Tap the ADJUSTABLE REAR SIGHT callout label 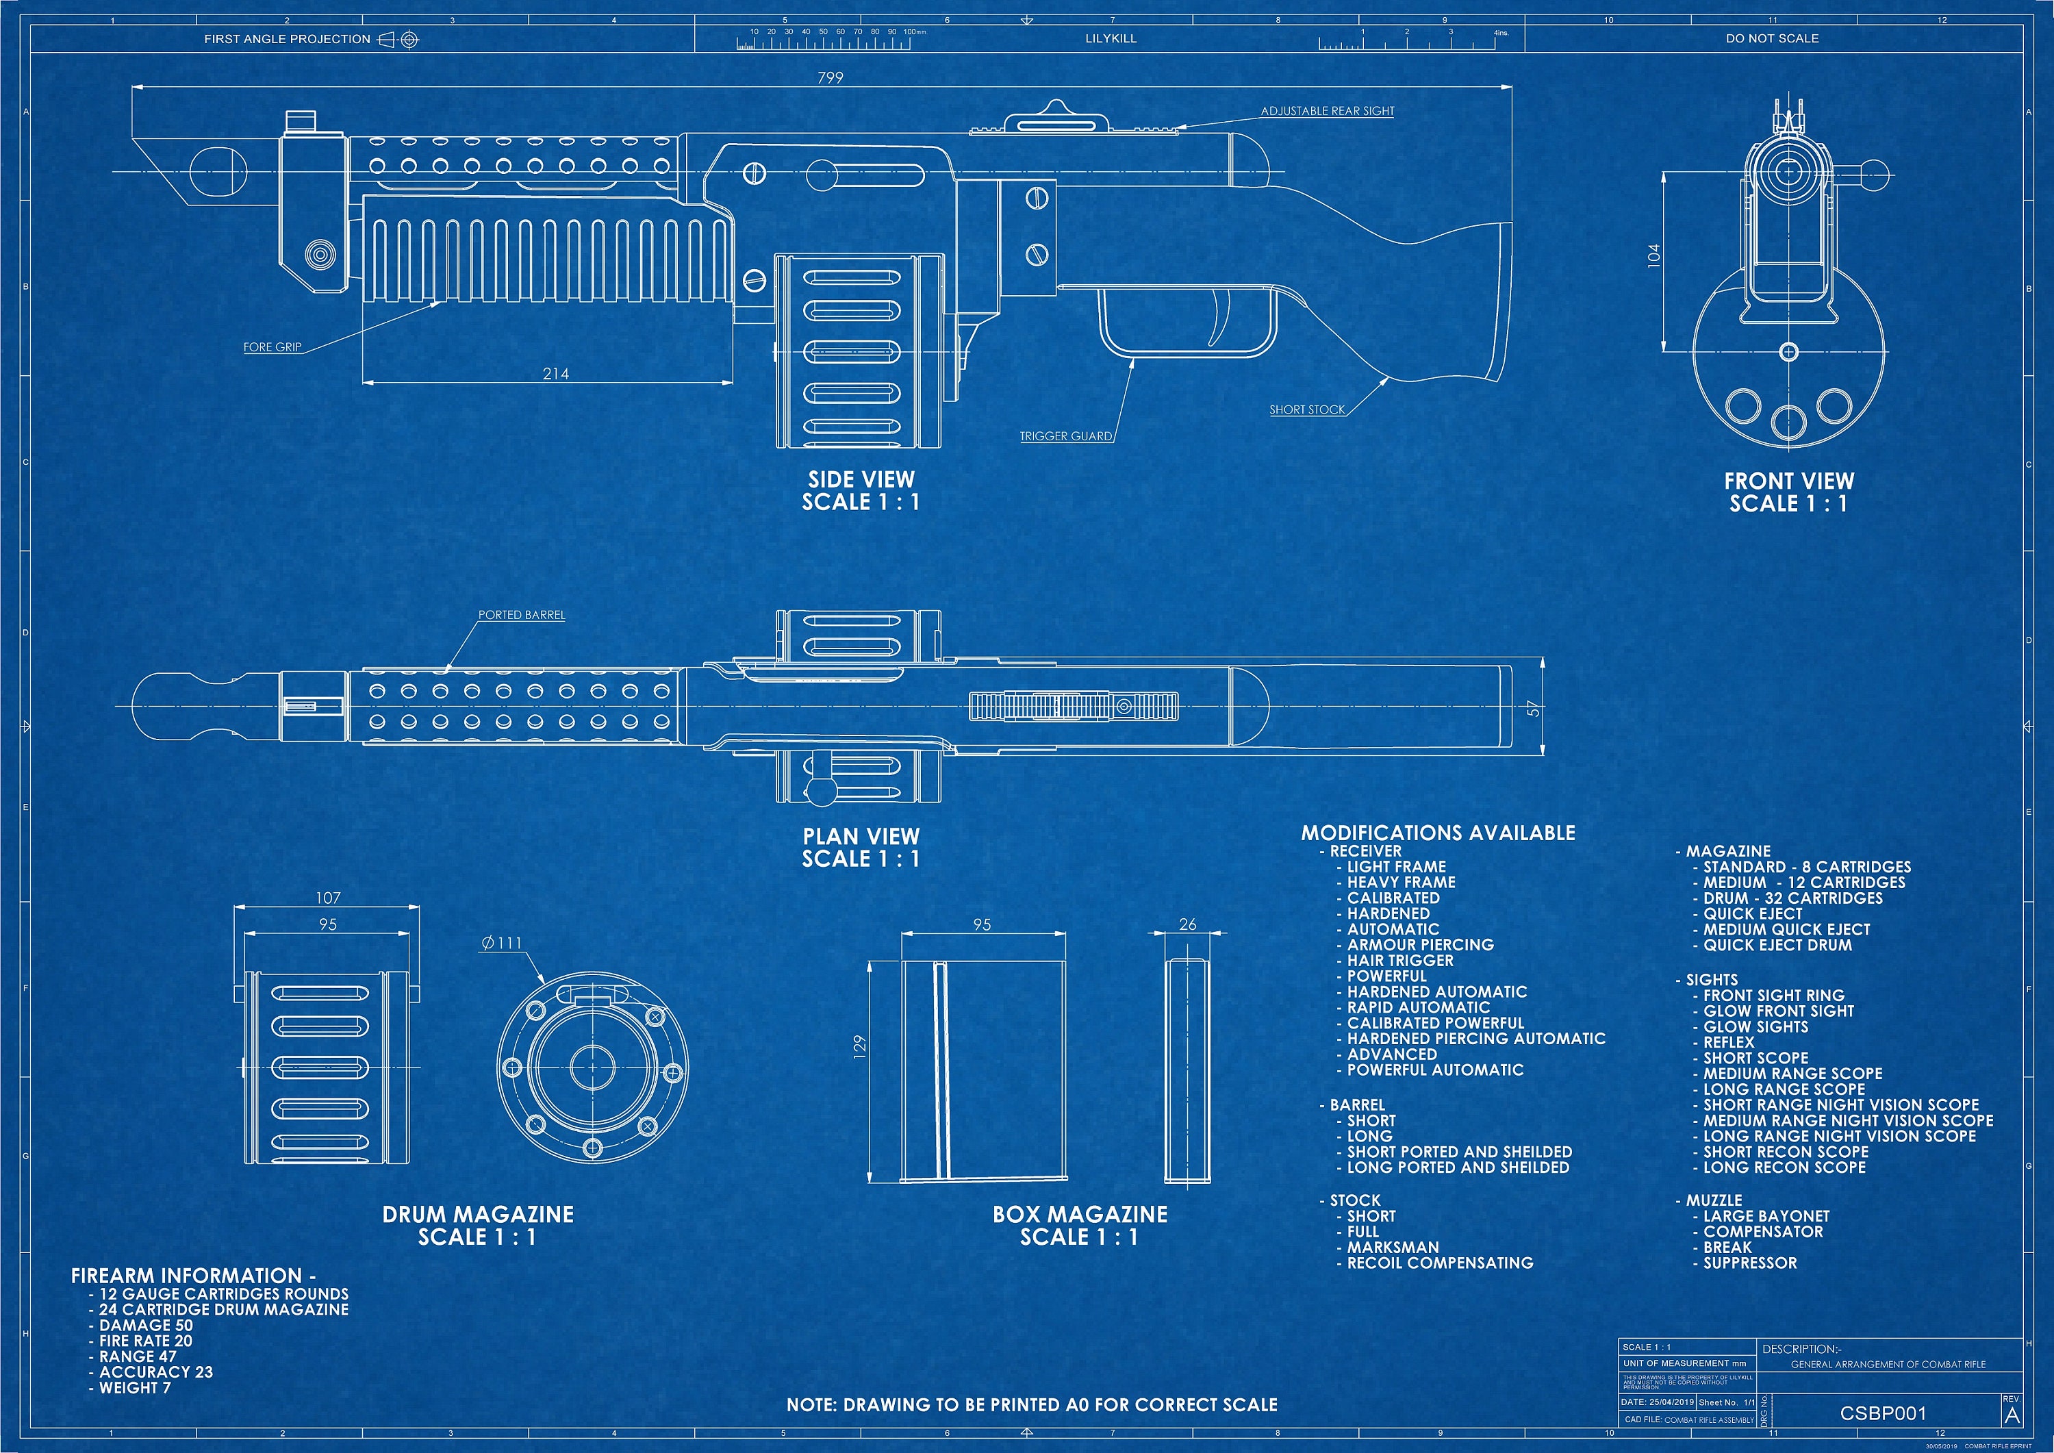1327,111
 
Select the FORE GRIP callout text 272,347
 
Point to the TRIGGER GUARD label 1065,437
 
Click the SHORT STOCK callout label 1306,409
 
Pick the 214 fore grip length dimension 555,374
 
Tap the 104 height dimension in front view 1653,256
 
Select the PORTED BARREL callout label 522,616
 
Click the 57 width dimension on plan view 1534,709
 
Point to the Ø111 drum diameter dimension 501,943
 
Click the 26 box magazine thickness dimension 1187,924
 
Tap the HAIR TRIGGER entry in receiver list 1400,960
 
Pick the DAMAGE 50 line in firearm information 145,1325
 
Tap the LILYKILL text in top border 1111,38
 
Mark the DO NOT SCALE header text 1771,38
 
